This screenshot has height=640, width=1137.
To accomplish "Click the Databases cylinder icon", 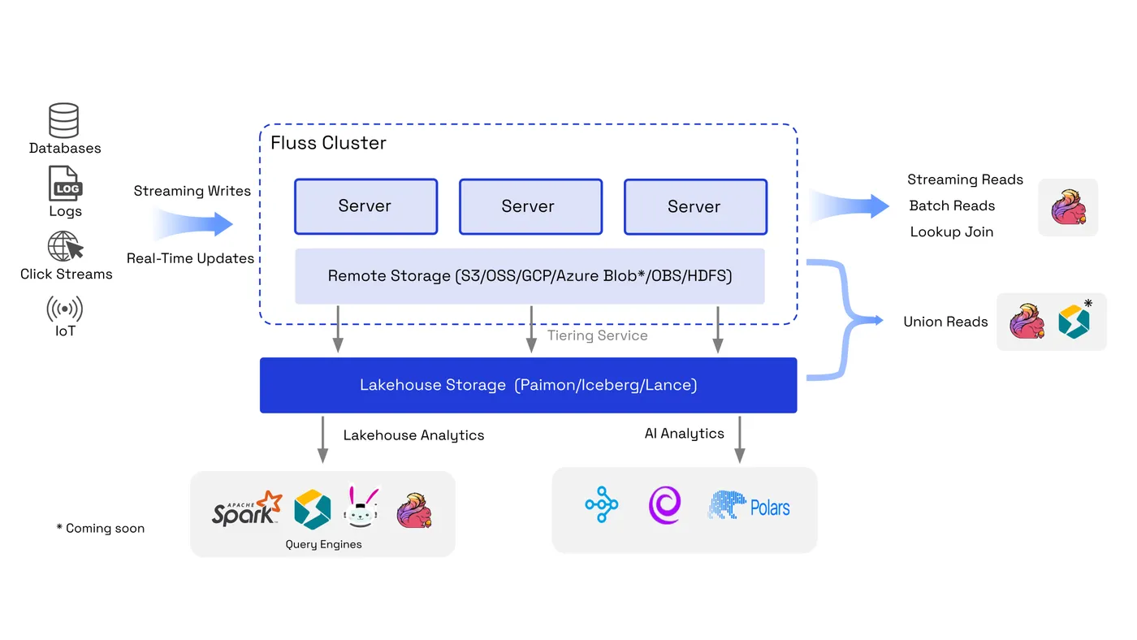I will tap(64, 120).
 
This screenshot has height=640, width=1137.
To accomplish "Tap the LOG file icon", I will tap(64, 184).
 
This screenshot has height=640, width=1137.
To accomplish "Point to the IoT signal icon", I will tap(65, 309).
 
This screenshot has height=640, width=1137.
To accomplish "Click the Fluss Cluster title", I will tap(328, 143).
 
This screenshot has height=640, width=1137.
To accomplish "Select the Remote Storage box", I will tap(530, 276).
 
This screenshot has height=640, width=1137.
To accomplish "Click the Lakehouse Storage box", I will tap(528, 385).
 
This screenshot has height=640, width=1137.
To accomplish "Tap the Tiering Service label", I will tap(597, 335).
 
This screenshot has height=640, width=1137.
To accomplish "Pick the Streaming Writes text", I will tap(192, 191).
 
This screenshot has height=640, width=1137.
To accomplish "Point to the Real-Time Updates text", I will tap(190, 258).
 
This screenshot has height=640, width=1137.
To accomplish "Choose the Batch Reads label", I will tap(952, 205).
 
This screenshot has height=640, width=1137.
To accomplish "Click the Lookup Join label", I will tap(951, 231).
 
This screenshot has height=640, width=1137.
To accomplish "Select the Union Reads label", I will tap(945, 322).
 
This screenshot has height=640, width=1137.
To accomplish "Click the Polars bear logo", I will tap(727, 504).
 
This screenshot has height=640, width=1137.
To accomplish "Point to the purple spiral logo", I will tap(664, 504).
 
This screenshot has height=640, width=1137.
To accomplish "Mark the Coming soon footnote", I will tap(101, 528).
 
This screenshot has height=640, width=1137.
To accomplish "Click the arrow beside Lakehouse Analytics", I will tap(322, 439).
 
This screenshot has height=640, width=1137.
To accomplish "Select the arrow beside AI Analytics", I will tap(739, 439).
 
